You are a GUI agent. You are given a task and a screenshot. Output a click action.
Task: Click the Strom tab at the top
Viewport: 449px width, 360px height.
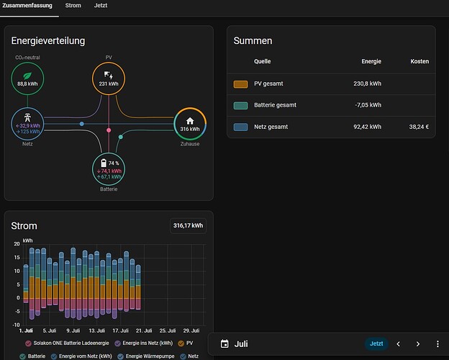(73, 6)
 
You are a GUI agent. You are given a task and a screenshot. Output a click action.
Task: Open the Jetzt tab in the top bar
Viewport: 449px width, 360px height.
(101, 6)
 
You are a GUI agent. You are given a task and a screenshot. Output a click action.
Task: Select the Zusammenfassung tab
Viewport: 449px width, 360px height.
(27, 6)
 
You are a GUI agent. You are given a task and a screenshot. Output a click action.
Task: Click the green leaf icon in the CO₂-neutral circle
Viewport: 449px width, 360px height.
(27, 76)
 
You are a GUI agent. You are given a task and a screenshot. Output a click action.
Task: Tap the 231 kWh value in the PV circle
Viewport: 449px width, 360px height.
(109, 84)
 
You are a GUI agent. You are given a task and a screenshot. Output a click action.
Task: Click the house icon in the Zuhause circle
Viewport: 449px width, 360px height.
(190, 121)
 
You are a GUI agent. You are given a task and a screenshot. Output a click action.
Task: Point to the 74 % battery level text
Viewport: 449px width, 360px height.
(114, 163)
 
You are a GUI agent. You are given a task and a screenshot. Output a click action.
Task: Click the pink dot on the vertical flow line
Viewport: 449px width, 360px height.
(109, 130)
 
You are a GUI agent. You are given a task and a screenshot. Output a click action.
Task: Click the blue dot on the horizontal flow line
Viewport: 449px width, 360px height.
(81, 124)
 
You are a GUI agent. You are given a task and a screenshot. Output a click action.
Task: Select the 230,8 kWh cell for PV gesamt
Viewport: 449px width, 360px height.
(367, 84)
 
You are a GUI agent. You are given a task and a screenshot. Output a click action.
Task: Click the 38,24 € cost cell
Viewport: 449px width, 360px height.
(419, 127)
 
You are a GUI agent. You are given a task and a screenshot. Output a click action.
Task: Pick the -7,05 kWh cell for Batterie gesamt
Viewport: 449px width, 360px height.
(368, 105)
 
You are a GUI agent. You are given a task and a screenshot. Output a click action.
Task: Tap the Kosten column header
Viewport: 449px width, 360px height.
(419, 61)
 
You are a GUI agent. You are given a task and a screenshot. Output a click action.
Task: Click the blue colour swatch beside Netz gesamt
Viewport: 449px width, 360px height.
(240, 127)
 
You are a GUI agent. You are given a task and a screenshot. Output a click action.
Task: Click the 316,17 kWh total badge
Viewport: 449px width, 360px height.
(188, 226)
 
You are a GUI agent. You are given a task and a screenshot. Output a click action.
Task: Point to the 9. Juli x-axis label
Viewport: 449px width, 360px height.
(73, 330)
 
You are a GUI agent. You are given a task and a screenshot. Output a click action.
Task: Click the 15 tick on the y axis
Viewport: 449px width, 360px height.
(17, 257)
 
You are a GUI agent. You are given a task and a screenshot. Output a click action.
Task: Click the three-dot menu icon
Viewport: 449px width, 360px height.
(437, 344)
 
